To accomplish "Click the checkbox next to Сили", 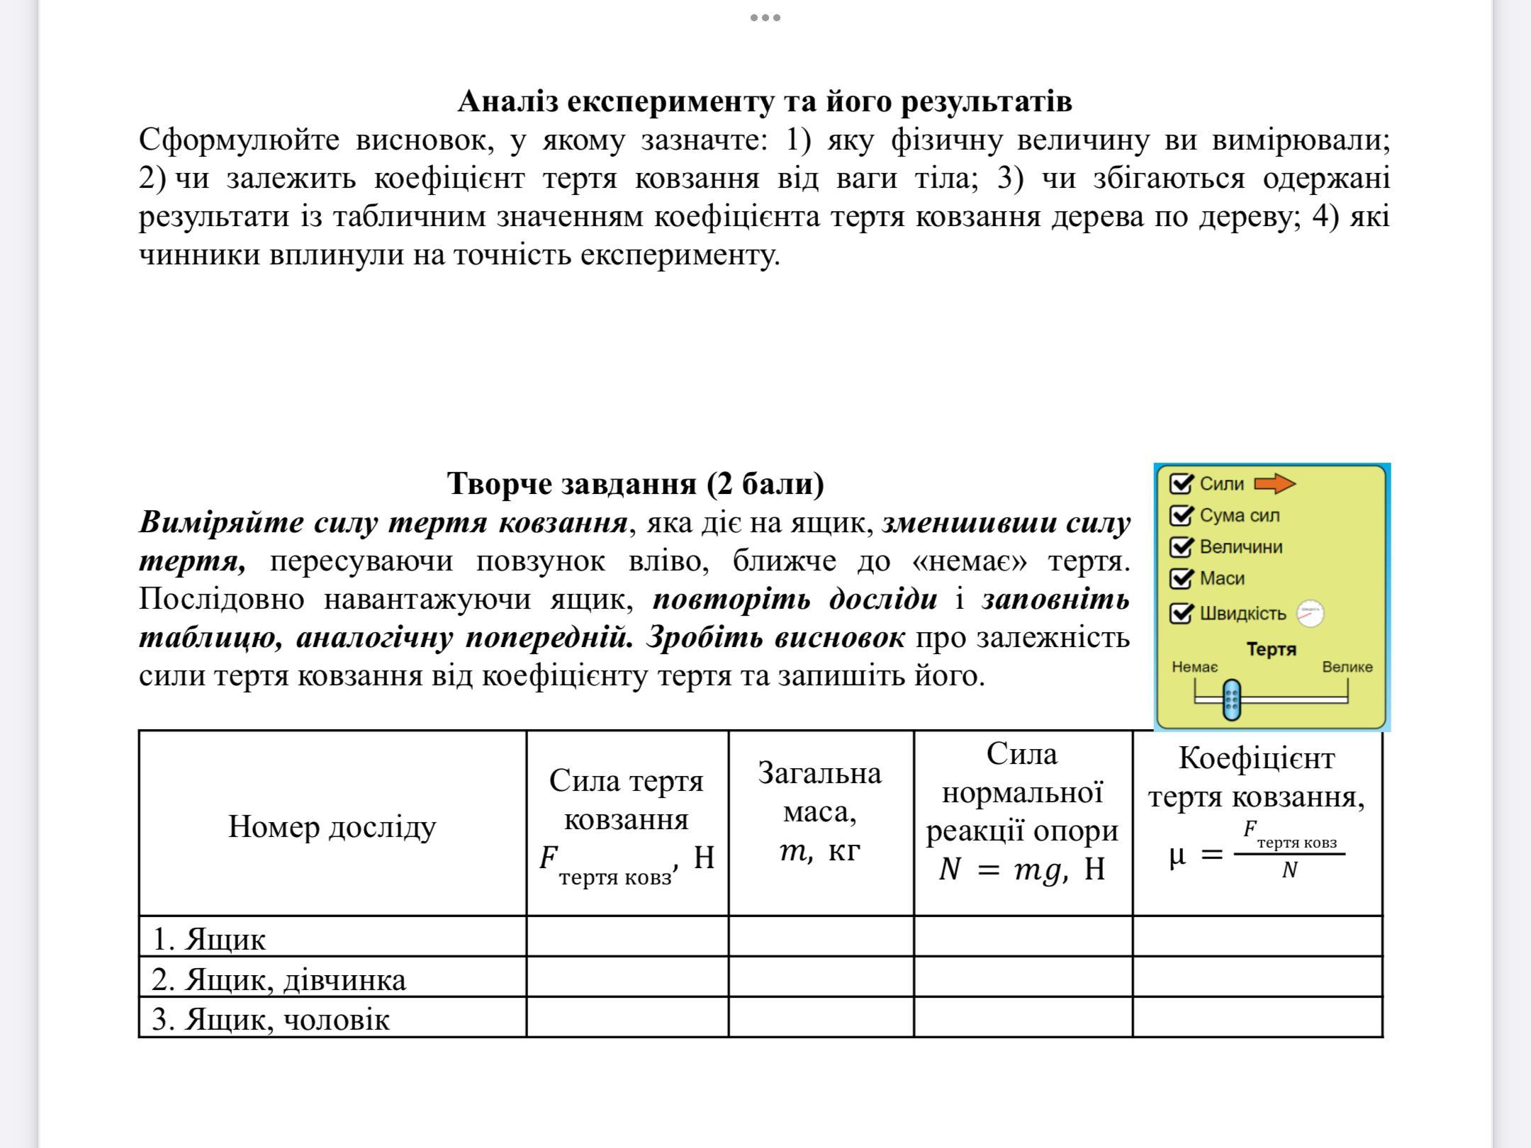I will [1181, 484].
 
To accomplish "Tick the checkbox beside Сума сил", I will [1181, 516].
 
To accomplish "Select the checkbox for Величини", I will [1181, 547].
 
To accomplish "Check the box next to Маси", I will [1181, 579].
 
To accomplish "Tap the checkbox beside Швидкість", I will [1181, 613].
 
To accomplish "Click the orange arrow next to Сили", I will [1274, 484].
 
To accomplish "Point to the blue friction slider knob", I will [1232, 699].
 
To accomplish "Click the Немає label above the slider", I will [1195, 667].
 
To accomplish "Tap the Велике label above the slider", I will [1347, 667].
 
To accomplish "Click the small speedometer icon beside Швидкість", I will [1310, 613].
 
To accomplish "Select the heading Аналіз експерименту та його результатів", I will [764, 101].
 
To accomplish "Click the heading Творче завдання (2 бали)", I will [635, 483].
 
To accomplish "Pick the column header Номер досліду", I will [332, 826].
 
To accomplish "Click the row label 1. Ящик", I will [209, 939].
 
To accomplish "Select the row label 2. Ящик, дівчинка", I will [279, 979].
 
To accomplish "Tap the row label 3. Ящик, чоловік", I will [270, 1020].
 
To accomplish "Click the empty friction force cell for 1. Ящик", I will [627, 937].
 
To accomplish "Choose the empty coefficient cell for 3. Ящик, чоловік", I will [1257, 1018].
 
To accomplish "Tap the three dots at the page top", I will [765, 18].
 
